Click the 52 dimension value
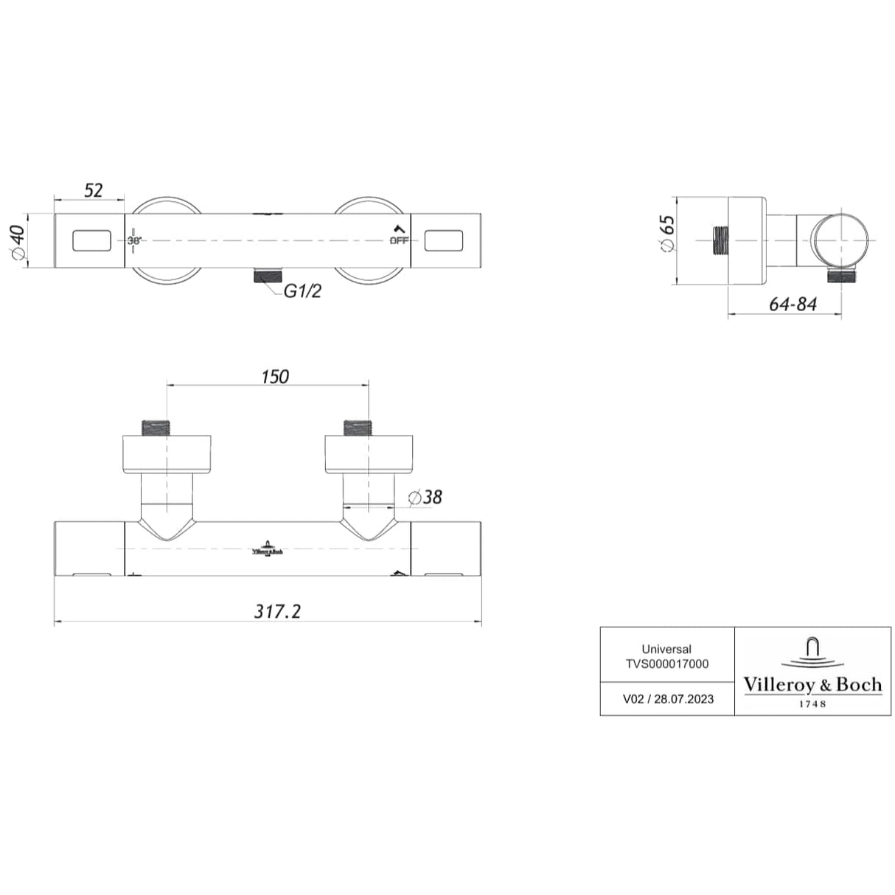[x=93, y=189]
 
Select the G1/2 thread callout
[x=303, y=291]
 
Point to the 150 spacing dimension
[x=274, y=377]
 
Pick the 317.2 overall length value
[x=277, y=611]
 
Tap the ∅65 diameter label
[x=666, y=234]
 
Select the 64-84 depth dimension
[x=793, y=304]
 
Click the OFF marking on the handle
[x=399, y=240]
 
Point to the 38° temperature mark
[x=133, y=240]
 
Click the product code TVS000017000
[x=666, y=664]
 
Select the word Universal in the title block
[x=666, y=650]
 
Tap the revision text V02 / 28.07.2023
[x=668, y=699]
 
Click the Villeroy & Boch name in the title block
[x=812, y=685]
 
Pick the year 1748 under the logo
[x=812, y=704]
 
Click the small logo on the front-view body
[x=268, y=551]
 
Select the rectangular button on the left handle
[x=92, y=240]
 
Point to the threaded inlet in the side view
[x=721, y=240]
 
